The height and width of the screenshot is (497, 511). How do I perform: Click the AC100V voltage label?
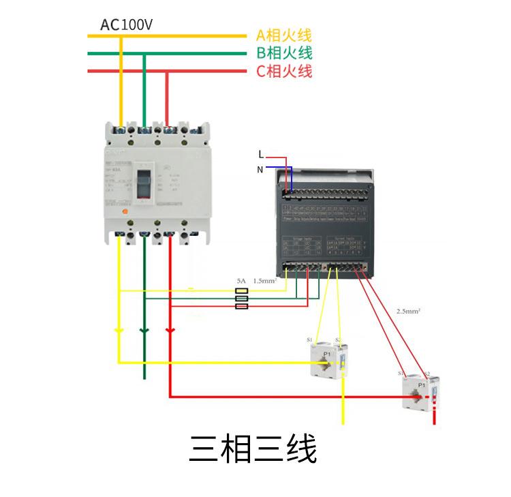click(127, 25)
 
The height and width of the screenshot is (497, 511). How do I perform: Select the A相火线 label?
click(283, 35)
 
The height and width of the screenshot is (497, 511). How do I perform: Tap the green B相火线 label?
click(283, 53)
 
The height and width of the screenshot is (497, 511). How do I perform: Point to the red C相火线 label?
click(283, 71)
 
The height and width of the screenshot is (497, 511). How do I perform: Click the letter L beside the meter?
click(260, 155)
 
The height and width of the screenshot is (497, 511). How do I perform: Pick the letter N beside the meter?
click(260, 169)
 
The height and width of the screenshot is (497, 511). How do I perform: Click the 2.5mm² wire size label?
click(408, 311)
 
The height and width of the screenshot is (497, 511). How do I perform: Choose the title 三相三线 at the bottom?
click(253, 451)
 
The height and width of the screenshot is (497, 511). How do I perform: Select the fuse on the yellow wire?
click(241, 290)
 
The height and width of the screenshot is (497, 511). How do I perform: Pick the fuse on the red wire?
click(241, 306)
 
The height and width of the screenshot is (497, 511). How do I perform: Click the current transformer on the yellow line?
click(330, 359)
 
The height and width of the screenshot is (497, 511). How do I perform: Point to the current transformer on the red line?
click(417, 391)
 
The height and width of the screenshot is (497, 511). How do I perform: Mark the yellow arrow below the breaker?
click(119, 331)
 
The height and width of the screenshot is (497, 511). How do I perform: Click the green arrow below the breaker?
click(144, 331)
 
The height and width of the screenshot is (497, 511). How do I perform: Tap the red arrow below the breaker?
click(170, 331)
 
